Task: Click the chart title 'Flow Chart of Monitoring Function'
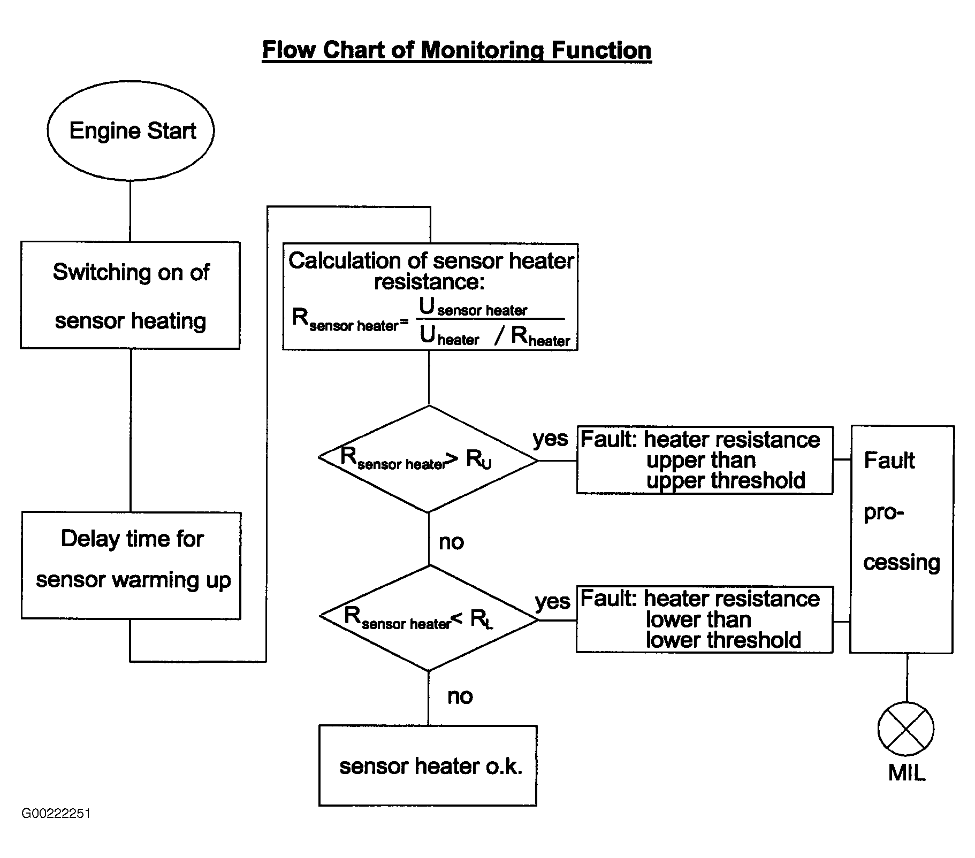pyautogui.click(x=456, y=50)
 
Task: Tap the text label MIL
pyautogui.click(x=907, y=772)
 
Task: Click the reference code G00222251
pyautogui.click(x=56, y=814)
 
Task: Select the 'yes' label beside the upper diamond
pyautogui.click(x=550, y=439)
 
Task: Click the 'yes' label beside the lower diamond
pyautogui.click(x=553, y=602)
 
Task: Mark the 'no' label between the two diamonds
pyautogui.click(x=451, y=542)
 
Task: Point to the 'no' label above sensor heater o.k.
pyautogui.click(x=460, y=696)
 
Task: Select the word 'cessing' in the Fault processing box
pyautogui.click(x=902, y=563)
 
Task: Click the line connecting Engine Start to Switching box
pyautogui.click(x=130, y=211)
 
